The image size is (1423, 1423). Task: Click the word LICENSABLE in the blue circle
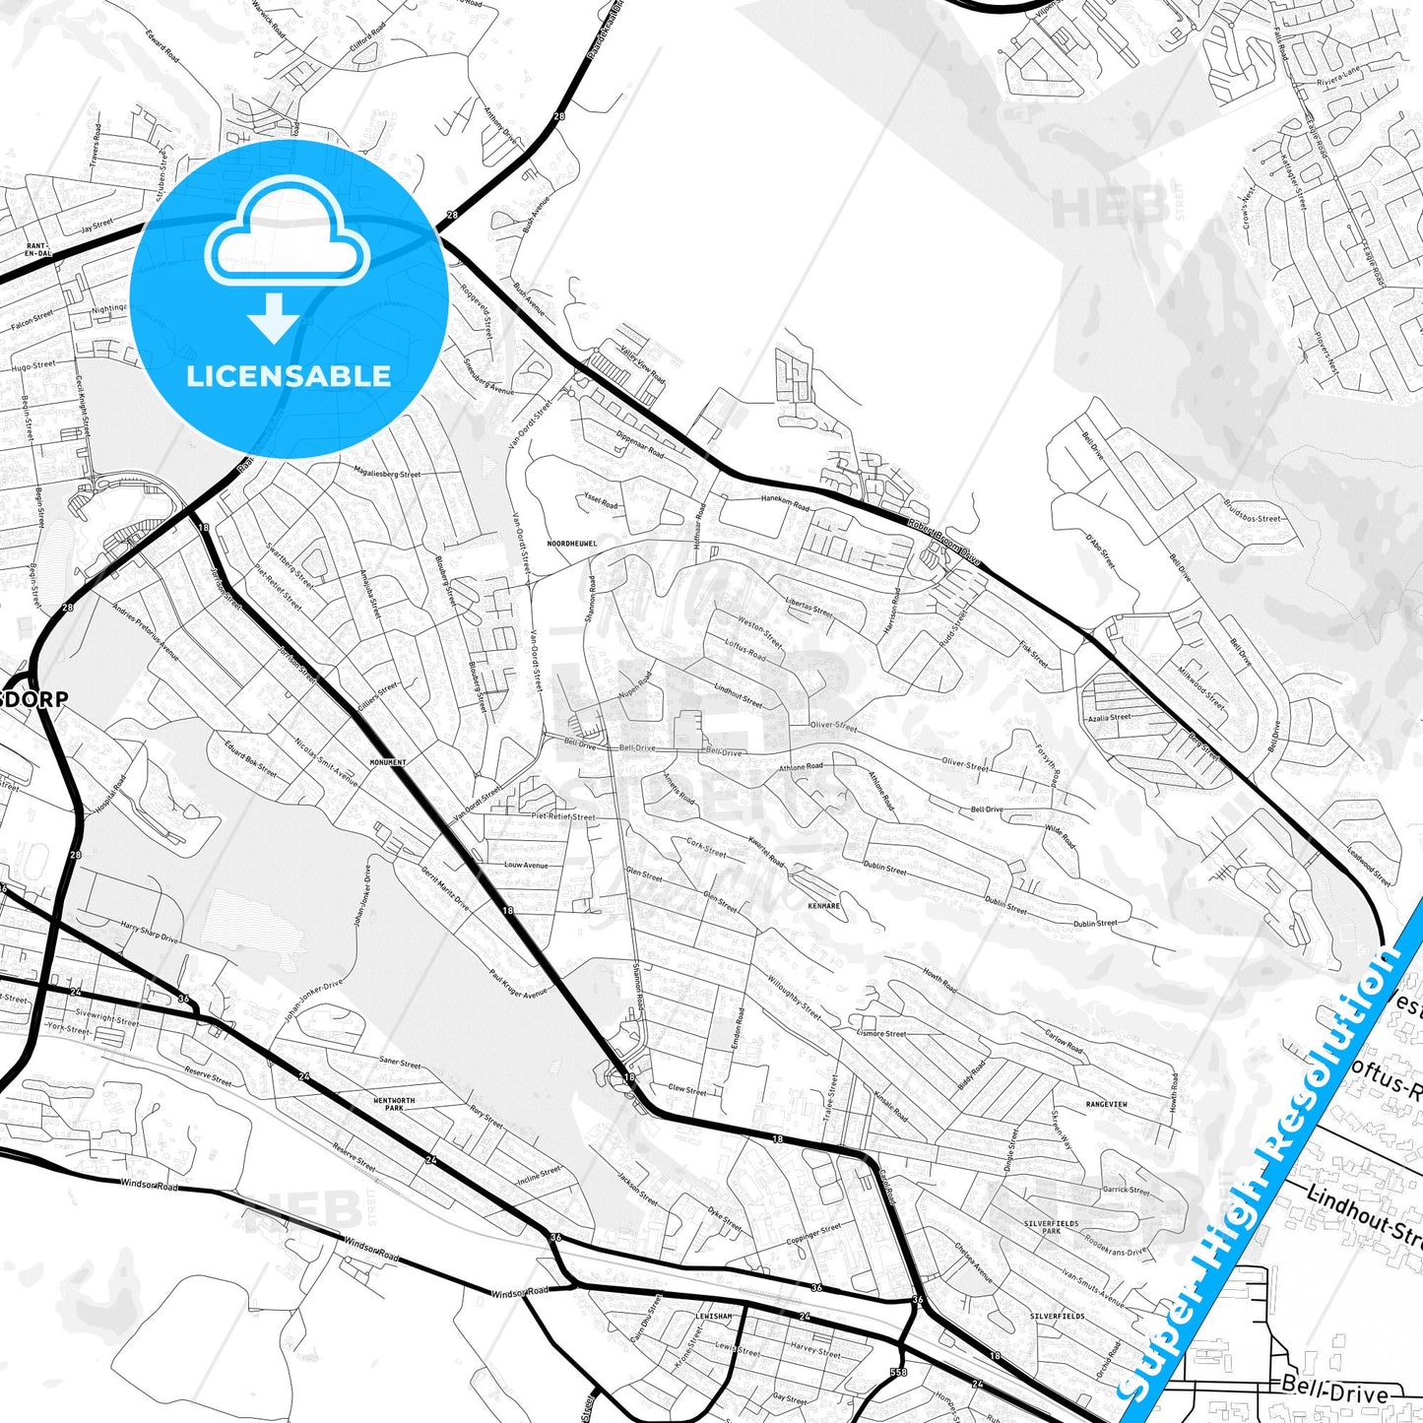(x=289, y=376)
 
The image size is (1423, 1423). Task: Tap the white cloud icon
(x=287, y=242)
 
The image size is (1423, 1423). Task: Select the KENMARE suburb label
(x=823, y=904)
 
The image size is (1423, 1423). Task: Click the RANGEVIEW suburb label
(x=1106, y=1105)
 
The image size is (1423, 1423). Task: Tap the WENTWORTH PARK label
(x=394, y=1104)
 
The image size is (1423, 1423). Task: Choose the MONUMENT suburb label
(x=387, y=762)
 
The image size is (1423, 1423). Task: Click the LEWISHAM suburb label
(x=713, y=1316)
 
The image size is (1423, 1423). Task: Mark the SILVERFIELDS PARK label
(x=1052, y=1227)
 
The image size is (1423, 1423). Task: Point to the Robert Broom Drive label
(x=944, y=541)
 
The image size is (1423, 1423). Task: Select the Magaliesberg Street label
(x=386, y=474)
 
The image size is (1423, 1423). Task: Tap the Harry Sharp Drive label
(x=149, y=932)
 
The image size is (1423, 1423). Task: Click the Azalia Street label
(x=1110, y=717)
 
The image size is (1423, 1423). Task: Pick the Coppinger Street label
(x=813, y=1236)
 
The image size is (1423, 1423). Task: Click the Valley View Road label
(x=642, y=364)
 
